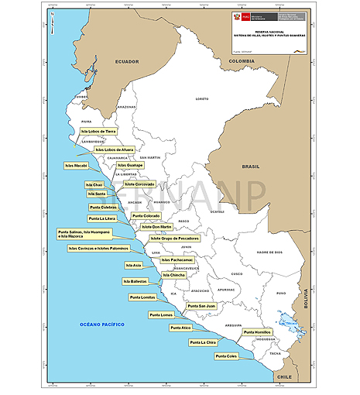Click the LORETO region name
202,99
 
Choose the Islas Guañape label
130,165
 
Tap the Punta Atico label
180,328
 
